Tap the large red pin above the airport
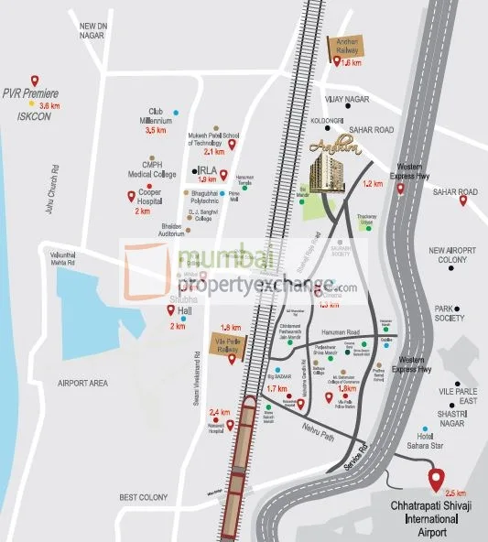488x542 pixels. pos(436,478)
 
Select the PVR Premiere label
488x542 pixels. pos(30,94)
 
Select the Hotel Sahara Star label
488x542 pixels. pos(430,438)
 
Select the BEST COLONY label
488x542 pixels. pos(143,497)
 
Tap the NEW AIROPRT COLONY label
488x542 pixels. pos(455,255)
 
